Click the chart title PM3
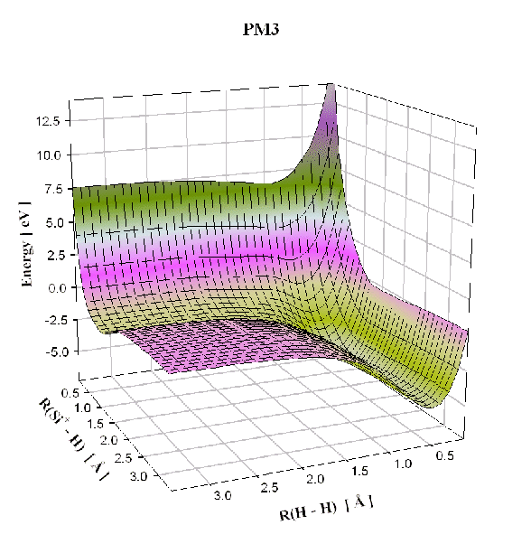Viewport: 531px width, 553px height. click(266, 31)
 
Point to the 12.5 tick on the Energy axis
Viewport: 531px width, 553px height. click(49, 121)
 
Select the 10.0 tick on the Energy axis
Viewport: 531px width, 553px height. click(49, 155)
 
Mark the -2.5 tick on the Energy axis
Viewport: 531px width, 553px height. click(49, 320)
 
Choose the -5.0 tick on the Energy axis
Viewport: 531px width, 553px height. click(49, 351)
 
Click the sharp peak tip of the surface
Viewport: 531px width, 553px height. click(331, 85)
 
